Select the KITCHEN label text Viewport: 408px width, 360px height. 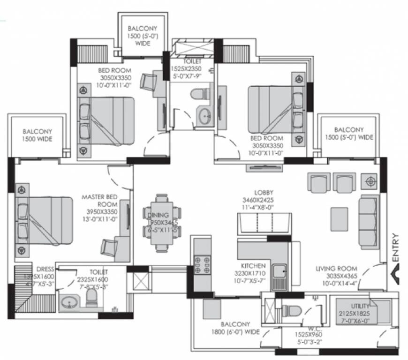click(x=253, y=265)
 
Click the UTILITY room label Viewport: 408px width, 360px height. click(x=358, y=306)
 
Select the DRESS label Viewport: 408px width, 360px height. click(x=47, y=269)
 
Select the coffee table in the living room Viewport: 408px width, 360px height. click(x=339, y=218)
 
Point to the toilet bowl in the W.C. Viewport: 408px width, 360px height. click(x=291, y=310)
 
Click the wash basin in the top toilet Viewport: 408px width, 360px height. click(x=204, y=116)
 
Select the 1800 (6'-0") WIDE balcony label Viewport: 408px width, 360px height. click(x=235, y=327)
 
